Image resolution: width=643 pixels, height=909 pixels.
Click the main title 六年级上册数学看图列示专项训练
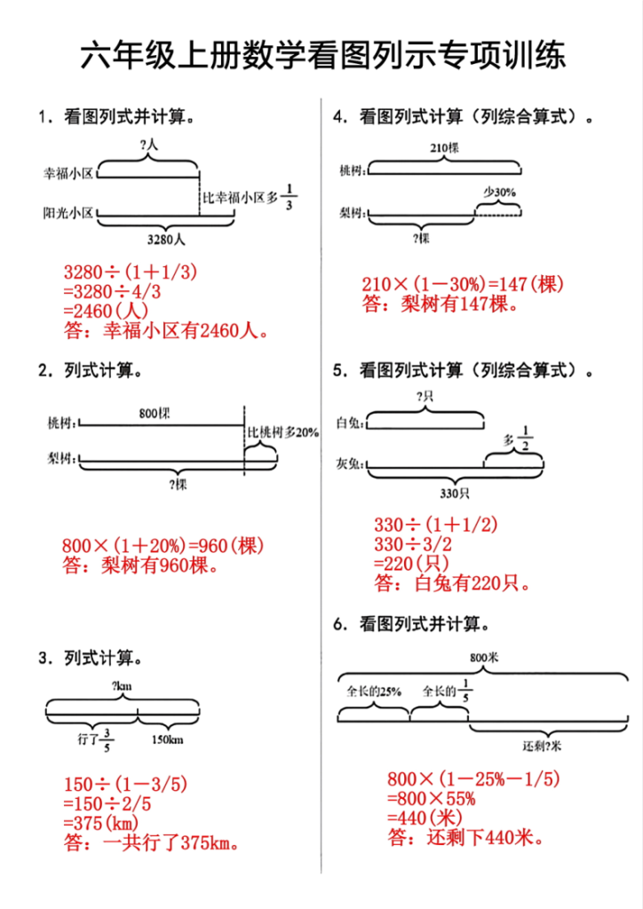tap(321, 58)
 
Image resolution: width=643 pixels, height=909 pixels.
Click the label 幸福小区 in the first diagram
tap(68, 173)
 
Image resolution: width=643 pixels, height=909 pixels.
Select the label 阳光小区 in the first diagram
tap(68, 213)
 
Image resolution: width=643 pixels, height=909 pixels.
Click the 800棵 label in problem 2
tap(155, 413)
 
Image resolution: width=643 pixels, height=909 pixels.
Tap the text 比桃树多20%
tap(282, 432)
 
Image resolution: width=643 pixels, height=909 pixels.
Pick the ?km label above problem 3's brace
tap(123, 686)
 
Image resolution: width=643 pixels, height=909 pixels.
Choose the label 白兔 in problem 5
tap(348, 423)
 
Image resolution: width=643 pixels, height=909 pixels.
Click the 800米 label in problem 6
tap(484, 658)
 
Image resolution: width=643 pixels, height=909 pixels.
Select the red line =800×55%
tap(432, 798)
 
